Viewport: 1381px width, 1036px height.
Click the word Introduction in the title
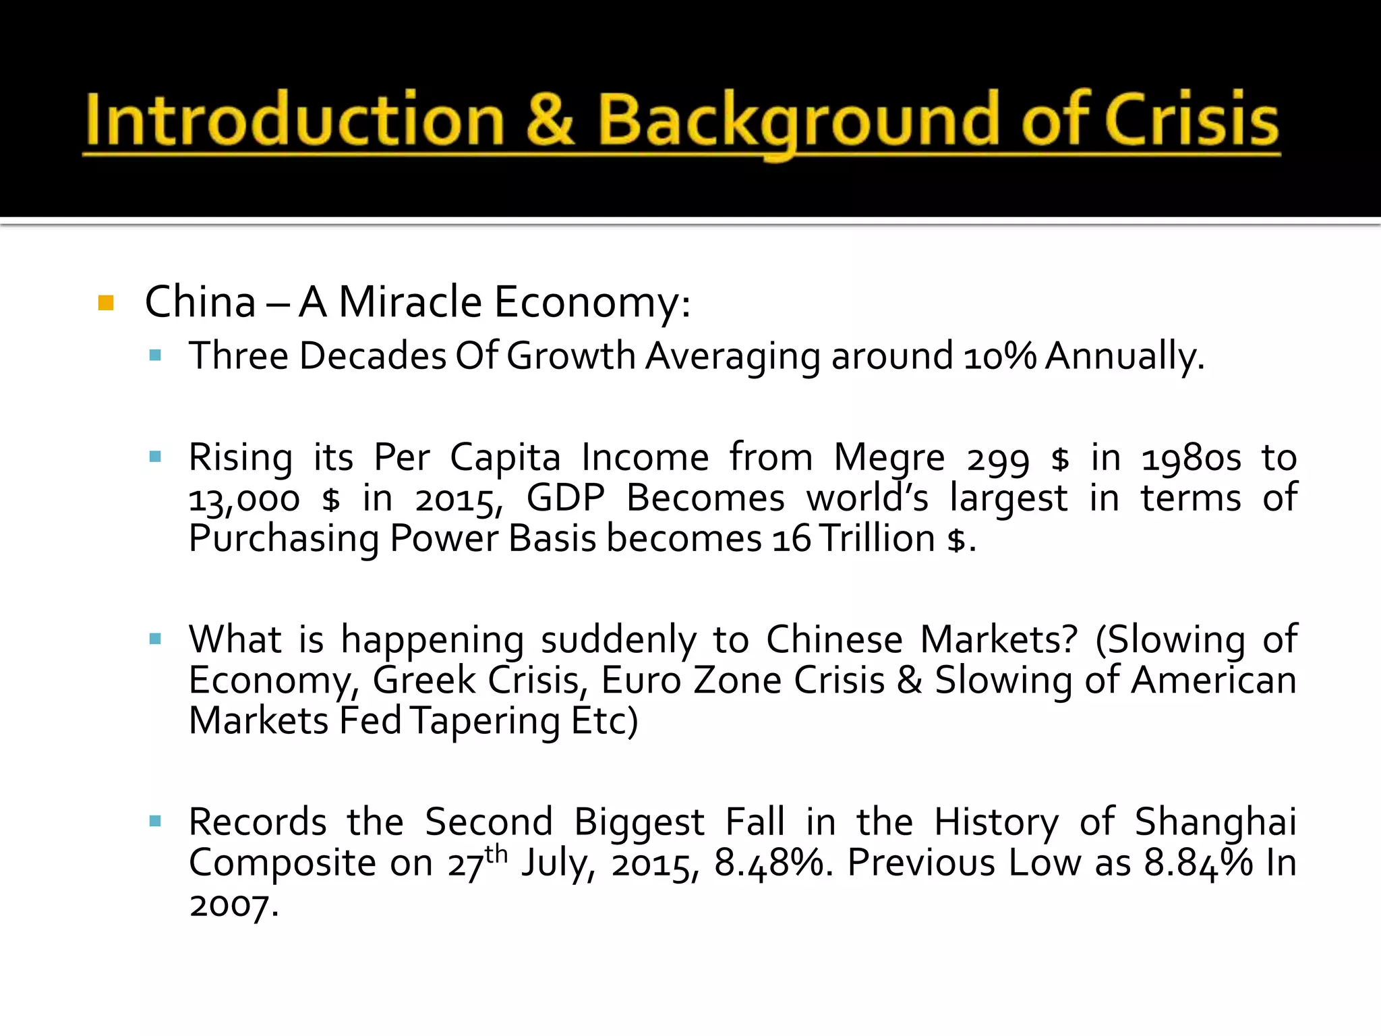[x=295, y=120]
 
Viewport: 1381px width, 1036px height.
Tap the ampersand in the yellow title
[x=550, y=120]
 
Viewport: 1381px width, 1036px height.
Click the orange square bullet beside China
[x=106, y=303]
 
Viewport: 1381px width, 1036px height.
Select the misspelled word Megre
[x=889, y=458]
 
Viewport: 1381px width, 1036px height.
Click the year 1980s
[x=1191, y=458]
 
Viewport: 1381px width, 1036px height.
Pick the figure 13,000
[x=244, y=500]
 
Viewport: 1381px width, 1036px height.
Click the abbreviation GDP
[x=565, y=498]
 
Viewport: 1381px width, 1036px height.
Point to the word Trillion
[x=878, y=539]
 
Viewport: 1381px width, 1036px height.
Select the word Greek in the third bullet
[x=424, y=680]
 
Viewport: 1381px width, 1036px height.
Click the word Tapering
[x=485, y=721]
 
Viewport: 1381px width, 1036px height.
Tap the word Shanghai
[x=1215, y=822]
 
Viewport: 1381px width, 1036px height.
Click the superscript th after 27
[x=496, y=854]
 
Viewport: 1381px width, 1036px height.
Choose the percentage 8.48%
[x=769, y=863]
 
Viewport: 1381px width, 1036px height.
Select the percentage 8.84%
[x=1198, y=863]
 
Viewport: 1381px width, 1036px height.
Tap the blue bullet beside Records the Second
[x=156, y=822]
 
